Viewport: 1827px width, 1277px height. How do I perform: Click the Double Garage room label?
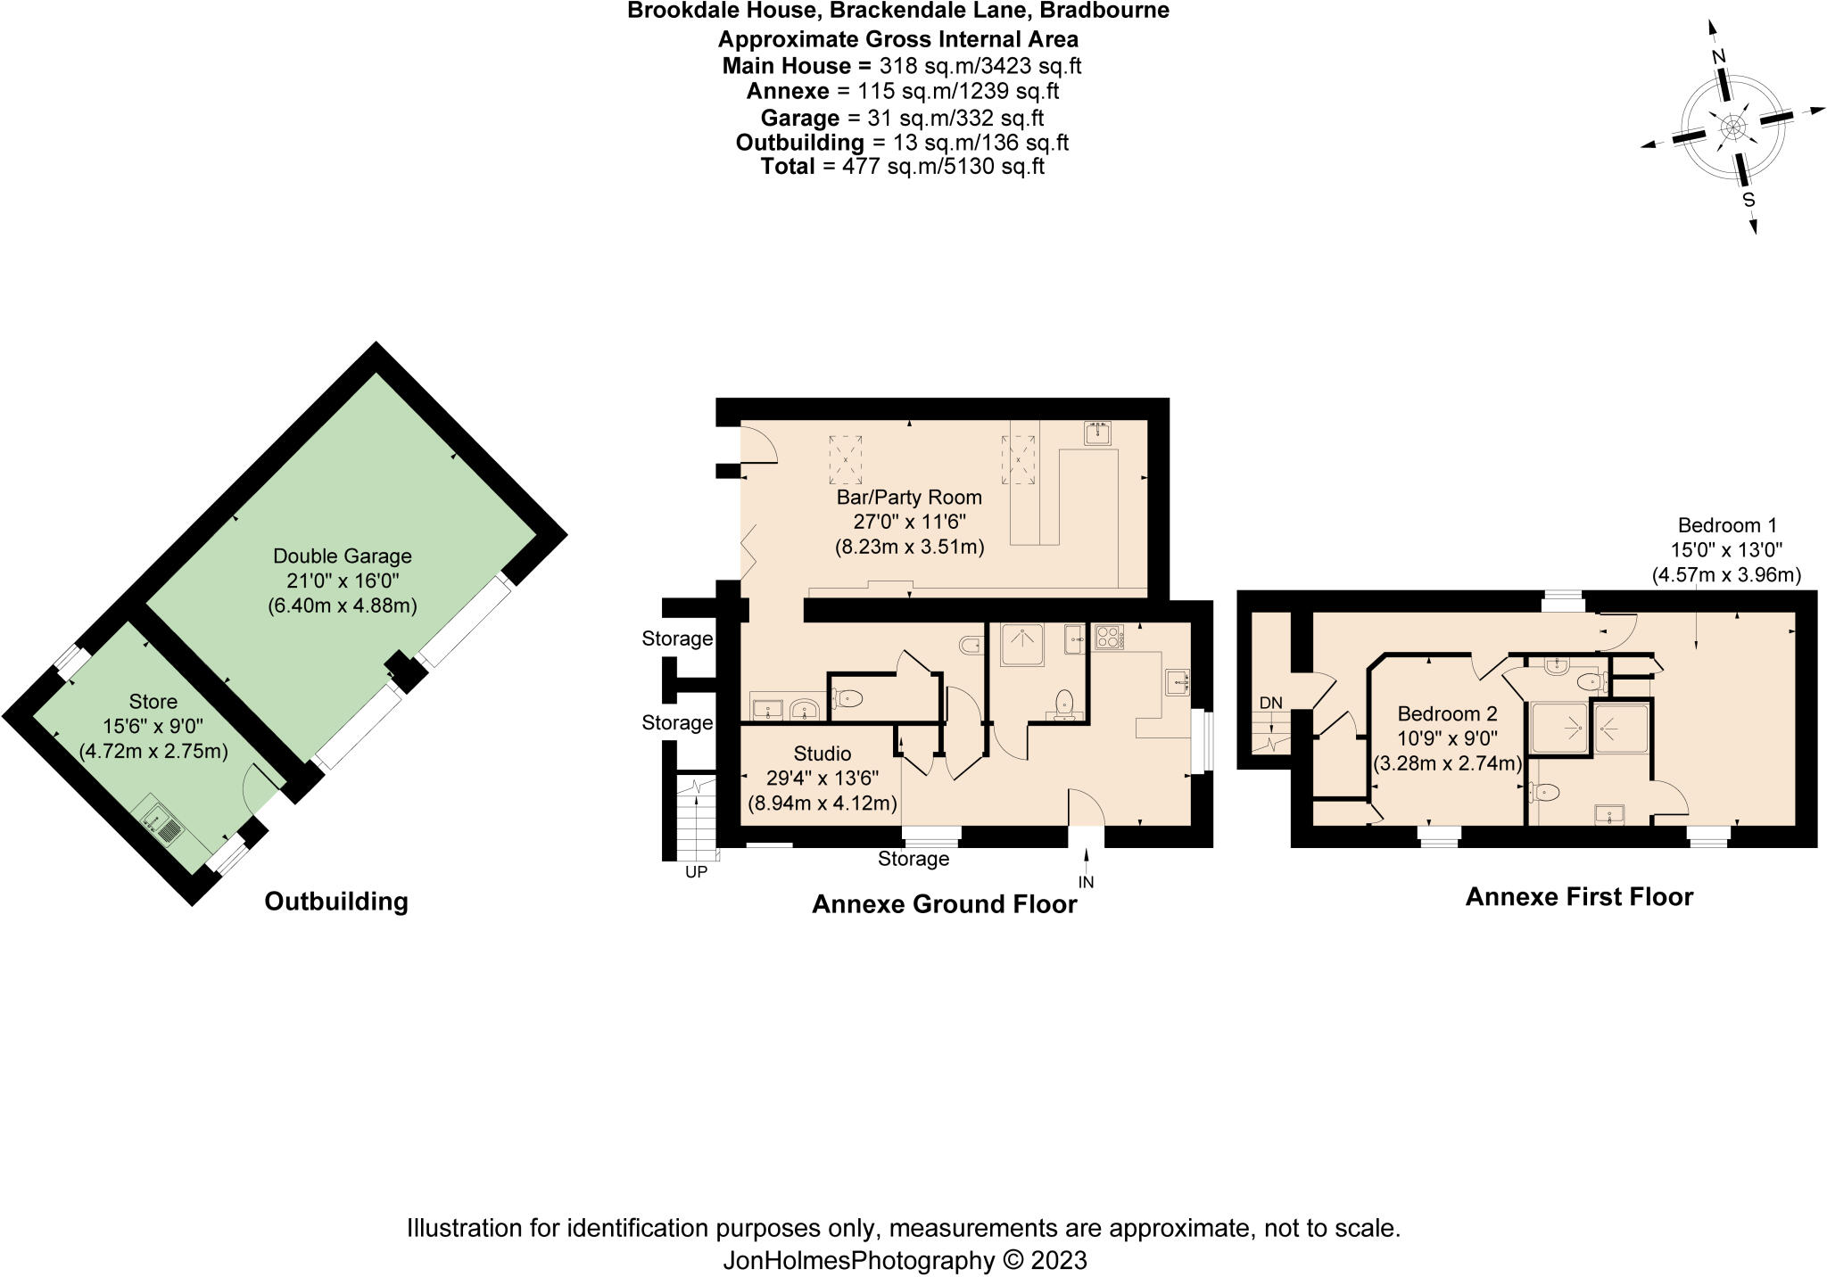[343, 556]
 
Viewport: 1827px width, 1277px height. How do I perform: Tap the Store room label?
[153, 702]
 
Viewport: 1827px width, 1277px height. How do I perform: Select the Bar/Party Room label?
[909, 498]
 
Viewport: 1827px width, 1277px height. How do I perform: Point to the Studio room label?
[822, 754]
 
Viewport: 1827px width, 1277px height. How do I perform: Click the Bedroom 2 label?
[1447, 714]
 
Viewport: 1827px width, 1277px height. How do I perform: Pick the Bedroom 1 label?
[1727, 525]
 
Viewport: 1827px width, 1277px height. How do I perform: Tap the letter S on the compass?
[1748, 201]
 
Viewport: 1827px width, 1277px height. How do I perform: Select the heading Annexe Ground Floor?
[944, 905]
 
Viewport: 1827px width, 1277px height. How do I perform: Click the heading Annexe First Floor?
[1579, 897]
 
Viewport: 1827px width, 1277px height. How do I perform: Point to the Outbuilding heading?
[336, 902]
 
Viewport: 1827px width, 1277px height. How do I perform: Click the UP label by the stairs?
[696, 872]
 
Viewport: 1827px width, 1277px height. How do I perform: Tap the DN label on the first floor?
[1270, 704]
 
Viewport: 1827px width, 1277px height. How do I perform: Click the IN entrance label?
[1086, 883]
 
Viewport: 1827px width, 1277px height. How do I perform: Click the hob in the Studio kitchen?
[1109, 638]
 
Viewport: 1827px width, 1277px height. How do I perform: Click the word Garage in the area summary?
[799, 118]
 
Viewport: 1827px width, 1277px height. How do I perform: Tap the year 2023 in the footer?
[1059, 1260]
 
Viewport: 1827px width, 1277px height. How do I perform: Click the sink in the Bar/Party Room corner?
[1096, 433]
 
